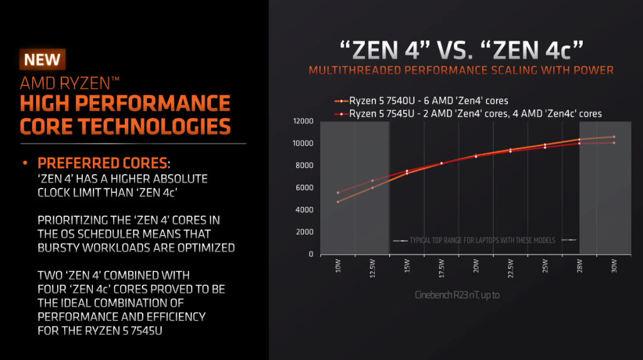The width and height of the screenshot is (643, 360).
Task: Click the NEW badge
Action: pyautogui.click(x=43, y=60)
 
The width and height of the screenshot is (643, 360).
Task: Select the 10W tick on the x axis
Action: pyautogui.click(x=338, y=266)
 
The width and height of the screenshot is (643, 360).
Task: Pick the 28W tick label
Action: pyautogui.click(x=579, y=266)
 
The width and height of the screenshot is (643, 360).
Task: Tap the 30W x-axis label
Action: pyautogui.click(x=613, y=266)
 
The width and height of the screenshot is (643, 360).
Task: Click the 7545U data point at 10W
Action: pyautogui.click(x=338, y=193)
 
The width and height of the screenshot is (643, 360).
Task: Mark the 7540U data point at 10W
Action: pyautogui.click(x=338, y=202)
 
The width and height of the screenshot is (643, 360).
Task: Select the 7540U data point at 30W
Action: pyautogui.click(x=613, y=136)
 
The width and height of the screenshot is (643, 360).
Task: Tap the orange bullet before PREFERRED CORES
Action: pyautogui.click(x=26, y=163)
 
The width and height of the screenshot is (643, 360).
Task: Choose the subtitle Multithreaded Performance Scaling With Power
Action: pyautogui.click(x=461, y=70)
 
